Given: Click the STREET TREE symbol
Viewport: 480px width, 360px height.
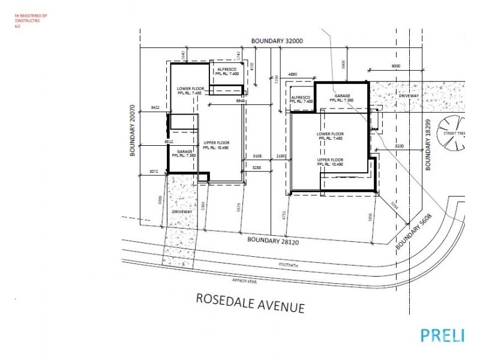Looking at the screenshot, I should (x=456, y=133).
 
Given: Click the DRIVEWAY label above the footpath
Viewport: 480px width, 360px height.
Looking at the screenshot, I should (x=182, y=212).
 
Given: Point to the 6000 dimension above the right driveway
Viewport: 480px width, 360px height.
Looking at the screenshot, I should (x=396, y=65).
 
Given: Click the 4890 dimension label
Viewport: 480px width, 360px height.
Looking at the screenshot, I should (x=293, y=74).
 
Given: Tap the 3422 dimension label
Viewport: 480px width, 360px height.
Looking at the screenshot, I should (x=155, y=107).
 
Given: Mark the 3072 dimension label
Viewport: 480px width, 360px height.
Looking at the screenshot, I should (x=153, y=172).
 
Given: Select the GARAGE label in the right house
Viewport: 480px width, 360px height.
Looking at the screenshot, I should (x=343, y=96).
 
